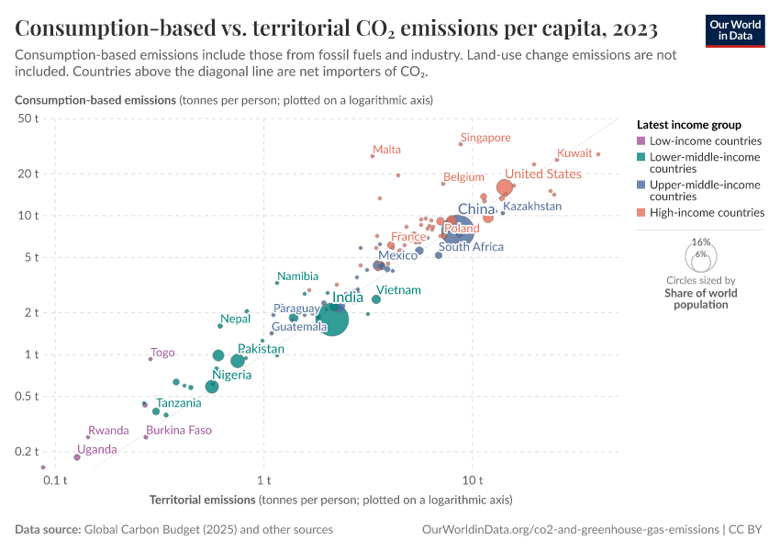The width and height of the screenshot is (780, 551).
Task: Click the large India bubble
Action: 331,320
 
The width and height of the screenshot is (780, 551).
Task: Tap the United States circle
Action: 504,187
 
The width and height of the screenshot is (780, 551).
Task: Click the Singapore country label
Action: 485,138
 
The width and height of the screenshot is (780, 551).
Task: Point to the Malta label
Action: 386,150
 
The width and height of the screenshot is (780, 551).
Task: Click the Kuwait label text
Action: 574,153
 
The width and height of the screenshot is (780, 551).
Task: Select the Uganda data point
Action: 77,457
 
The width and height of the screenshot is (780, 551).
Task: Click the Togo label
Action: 162,353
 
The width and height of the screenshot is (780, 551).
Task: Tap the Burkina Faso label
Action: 179,430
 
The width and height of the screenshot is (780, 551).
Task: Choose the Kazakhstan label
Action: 532,207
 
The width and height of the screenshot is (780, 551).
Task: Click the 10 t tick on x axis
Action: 473,479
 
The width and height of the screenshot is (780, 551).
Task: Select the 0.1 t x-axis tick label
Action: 55,479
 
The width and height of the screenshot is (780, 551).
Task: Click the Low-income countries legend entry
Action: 705,141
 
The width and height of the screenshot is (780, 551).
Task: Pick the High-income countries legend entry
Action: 707,213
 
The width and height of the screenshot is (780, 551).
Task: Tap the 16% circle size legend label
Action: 701,242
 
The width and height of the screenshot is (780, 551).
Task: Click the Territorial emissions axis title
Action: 202,500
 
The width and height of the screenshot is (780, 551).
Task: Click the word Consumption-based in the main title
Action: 101,28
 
